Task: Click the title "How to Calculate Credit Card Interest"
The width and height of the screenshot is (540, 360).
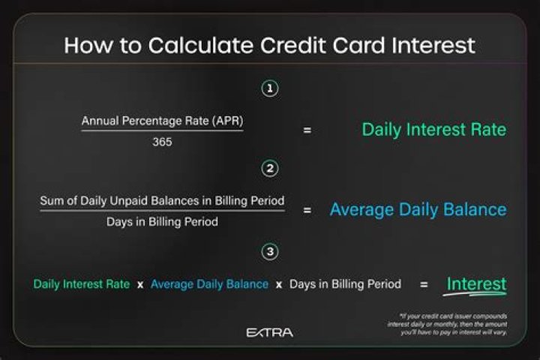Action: (x=269, y=45)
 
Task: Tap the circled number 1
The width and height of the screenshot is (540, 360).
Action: (x=270, y=88)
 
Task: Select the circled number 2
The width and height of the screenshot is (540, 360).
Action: (x=270, y=168)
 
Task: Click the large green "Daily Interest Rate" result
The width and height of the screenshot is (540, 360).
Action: (x=433, y=130)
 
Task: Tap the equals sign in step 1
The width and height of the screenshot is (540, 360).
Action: (x=307, y=130)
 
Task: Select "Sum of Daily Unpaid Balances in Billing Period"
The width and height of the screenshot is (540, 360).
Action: (x=162, y=201)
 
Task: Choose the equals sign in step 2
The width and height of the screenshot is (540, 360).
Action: (x=307, y=211)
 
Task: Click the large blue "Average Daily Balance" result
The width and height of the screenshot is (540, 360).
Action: (x=418, y=210)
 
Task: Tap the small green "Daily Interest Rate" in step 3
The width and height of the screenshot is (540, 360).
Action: (x=81, y=285)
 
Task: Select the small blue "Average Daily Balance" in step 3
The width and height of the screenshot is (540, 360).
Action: (x=209, y=285)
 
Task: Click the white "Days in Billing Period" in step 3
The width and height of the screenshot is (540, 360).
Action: (x=345, y=285)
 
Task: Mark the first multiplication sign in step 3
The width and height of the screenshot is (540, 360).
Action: (x=140, y=286)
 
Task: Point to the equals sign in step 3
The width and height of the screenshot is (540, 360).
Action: (x=424, y=285)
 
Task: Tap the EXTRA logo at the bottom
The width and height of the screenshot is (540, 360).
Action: (x=270, y=331)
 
